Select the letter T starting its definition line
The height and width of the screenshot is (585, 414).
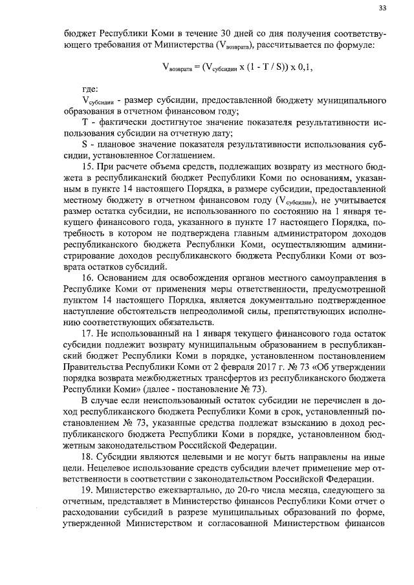(86, 123)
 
